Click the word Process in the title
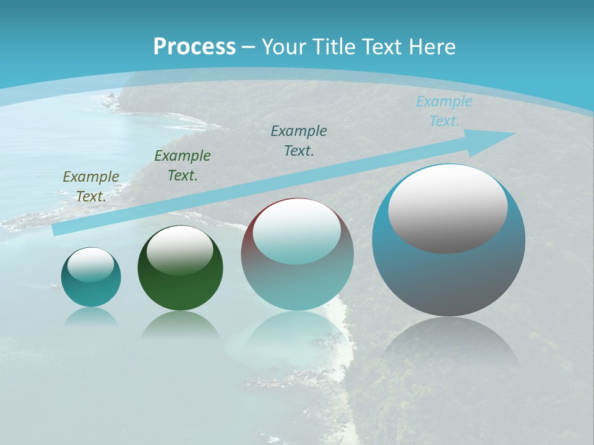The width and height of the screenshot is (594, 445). pyautogui.click(x=194, y=47)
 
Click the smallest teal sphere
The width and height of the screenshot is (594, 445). pyautogui.click(x=91, y=290)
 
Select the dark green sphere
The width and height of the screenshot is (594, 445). pyautogui.click(x=180, y=284)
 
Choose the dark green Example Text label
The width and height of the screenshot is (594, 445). pyautogui.click(x=183, y=166)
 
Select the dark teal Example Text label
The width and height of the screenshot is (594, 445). pyautogui.click(x=299, y=140)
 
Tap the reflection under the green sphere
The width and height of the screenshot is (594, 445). pyautogui.click(x=180, y=325)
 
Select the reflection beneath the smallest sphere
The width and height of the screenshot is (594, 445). pyautogui.click(x=91, y=317)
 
